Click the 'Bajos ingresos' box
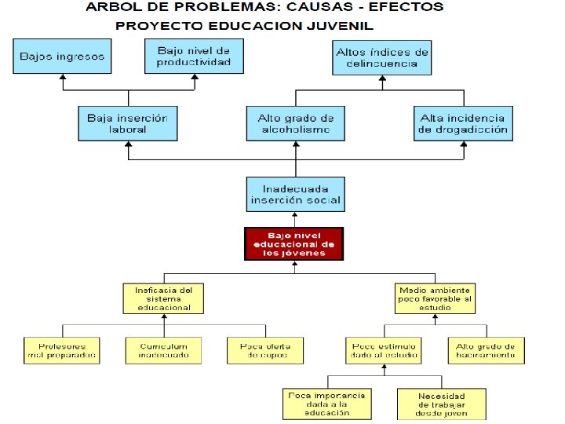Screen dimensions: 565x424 pos(62,57)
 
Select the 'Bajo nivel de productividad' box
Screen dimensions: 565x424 pos(194,57)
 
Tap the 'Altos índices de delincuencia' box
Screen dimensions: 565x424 pos(382,57)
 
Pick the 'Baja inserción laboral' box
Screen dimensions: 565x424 pos(127,123)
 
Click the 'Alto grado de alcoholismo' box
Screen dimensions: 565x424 pos(295,123)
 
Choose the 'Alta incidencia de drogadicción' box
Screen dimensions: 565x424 pos(463,123)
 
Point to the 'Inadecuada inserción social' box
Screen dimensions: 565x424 pos(295,194)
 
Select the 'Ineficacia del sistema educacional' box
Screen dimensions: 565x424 pos(163,298)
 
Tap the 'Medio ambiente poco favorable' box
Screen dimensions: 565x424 pos(435,298)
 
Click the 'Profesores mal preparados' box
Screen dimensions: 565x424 pos(61,350)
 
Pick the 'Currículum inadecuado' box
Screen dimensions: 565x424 pos(164,350)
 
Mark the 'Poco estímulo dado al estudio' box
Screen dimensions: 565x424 pos(384,350)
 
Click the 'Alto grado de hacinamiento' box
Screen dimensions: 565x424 pos(486,350)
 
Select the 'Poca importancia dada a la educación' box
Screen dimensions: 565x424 pos(326,404)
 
